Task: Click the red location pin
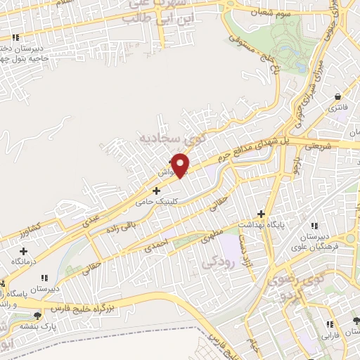[x=181, y=165]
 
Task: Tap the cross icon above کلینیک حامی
[x=156, y=190]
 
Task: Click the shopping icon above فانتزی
[x=339, y=97]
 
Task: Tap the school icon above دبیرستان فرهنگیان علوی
[x=314, y=225]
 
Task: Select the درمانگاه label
[x=23, y=261]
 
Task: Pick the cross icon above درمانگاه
[x=24, y=250]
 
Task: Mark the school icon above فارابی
[x=328, y=323]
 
